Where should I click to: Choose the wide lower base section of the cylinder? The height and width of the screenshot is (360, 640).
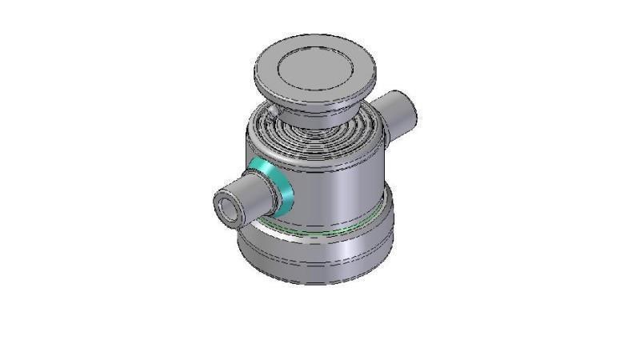click(x=320, y=252)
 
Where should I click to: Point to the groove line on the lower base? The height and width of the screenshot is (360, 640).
click(x=320, y=264)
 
